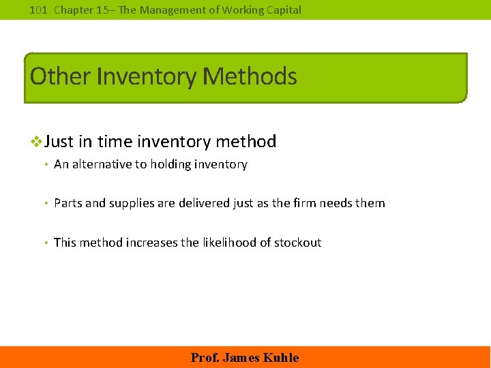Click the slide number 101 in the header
[x=38, y=10]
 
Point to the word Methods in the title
[x=250, y=76]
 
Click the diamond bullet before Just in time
[x=38, y=142]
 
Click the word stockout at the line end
[x=297, y=243]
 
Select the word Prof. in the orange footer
[x=204, y=358]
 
